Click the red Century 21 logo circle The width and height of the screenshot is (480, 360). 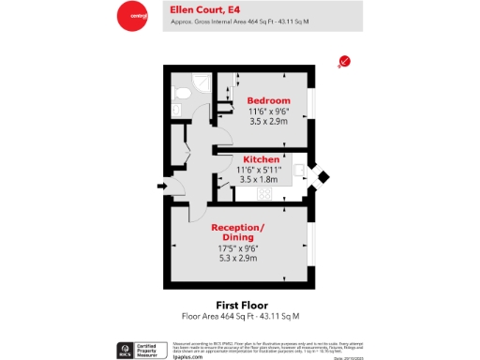click(x=131, y=16)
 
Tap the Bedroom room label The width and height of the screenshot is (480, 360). click(x=268, y=100)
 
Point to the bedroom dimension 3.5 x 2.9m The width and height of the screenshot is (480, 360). click(x=268, y=122)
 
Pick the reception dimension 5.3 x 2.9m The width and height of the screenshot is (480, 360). click(x=237, y=258)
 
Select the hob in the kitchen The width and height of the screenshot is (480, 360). click(x=264, y=193)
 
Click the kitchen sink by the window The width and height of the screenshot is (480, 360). click(x=300, y=172)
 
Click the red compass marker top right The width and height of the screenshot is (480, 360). click(x=344, y=62)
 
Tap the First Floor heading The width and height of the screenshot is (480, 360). click(x=242, y=306)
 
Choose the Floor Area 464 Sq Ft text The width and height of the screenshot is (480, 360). click(x=241, y=317)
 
